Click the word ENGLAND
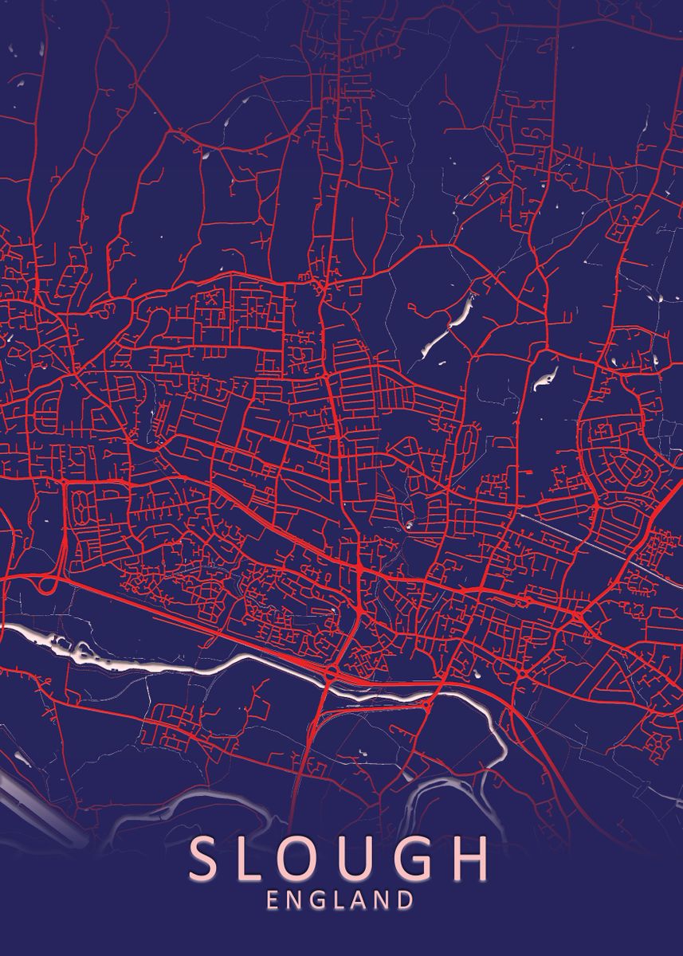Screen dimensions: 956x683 click(x=340, y=901)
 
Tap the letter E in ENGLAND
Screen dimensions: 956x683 click(x=273, y=901)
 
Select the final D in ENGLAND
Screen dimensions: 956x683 click(x=406, y=901)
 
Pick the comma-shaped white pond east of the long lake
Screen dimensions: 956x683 click(x=545, y=381)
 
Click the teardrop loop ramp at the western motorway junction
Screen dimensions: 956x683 click(x=46, y=585)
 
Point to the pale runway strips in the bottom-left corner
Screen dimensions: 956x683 click(x=40, y=805)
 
